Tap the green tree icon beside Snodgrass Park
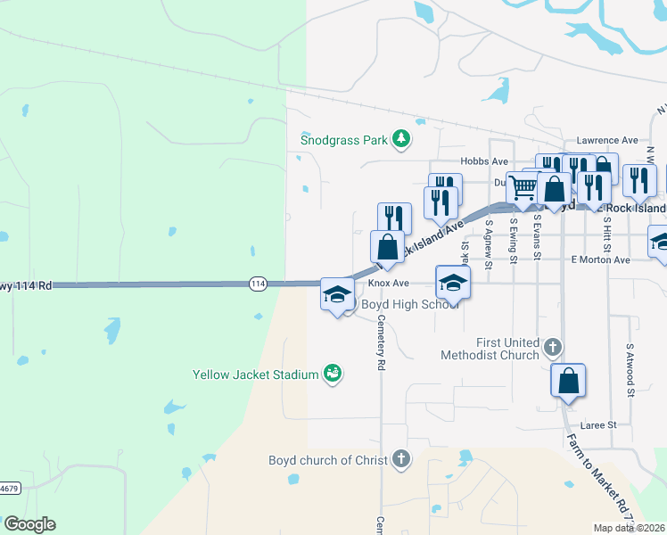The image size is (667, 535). [401, 138]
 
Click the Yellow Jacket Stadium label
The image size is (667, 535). [256, 374]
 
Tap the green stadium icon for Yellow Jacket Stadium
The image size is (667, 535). [332, 374]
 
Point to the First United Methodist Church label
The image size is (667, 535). [490, 349]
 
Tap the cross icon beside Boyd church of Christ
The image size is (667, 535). [401, 459]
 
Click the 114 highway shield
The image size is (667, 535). [258, 284]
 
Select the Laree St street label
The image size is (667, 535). [599, 425]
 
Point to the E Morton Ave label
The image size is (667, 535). [600, 259]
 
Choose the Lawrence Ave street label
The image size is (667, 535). [607, 140]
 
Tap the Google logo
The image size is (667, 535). [29, 524]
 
